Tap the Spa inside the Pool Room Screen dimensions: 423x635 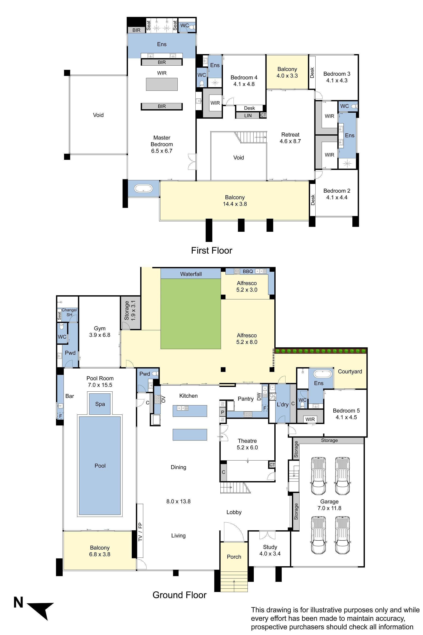coord(100,404)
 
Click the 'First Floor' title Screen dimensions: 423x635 coord(211,251)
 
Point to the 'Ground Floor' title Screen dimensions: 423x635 coord(179,595)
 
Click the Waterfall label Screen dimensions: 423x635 coord(191,274)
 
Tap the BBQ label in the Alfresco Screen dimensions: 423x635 coord(248,271)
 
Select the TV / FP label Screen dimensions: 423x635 coord(140,532)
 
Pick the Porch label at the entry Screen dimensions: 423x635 coord(234,557)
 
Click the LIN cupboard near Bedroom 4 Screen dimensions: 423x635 coord(248,116)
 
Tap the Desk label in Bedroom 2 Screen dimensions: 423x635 coord(313,200)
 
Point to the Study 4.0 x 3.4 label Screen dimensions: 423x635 coord(270,550)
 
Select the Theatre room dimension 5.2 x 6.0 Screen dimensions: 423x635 coord(247,447)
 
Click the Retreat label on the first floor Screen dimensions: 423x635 coord(290,134)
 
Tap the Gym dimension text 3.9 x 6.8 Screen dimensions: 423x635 coord(100,335)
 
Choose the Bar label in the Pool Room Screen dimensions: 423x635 coord(70,396)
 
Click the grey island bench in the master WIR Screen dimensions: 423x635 coord(162,84)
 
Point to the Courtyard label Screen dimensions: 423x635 coord(350,371)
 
